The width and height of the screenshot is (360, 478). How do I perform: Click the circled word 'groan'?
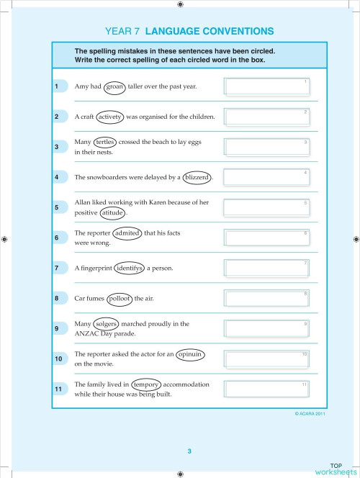(115, 86)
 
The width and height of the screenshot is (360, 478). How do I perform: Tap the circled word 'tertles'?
(105, 143)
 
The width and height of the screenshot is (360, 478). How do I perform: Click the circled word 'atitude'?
(112, 213)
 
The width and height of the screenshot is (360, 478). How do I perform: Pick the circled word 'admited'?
(127, 233)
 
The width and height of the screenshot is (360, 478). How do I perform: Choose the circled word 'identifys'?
(130, 269)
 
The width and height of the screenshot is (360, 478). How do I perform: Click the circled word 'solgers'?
(107, 325)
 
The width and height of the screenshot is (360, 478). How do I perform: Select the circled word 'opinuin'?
(190, 354)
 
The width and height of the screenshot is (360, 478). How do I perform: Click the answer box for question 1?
(266, 86)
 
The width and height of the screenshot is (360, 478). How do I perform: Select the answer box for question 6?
(266, 238)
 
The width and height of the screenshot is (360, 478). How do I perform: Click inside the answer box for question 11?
(266, 389)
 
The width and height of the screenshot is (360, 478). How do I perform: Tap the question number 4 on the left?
(57, 177)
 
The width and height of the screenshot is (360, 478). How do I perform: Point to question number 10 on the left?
(59, 358)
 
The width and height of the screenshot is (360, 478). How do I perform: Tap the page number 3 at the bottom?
(189, 451)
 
